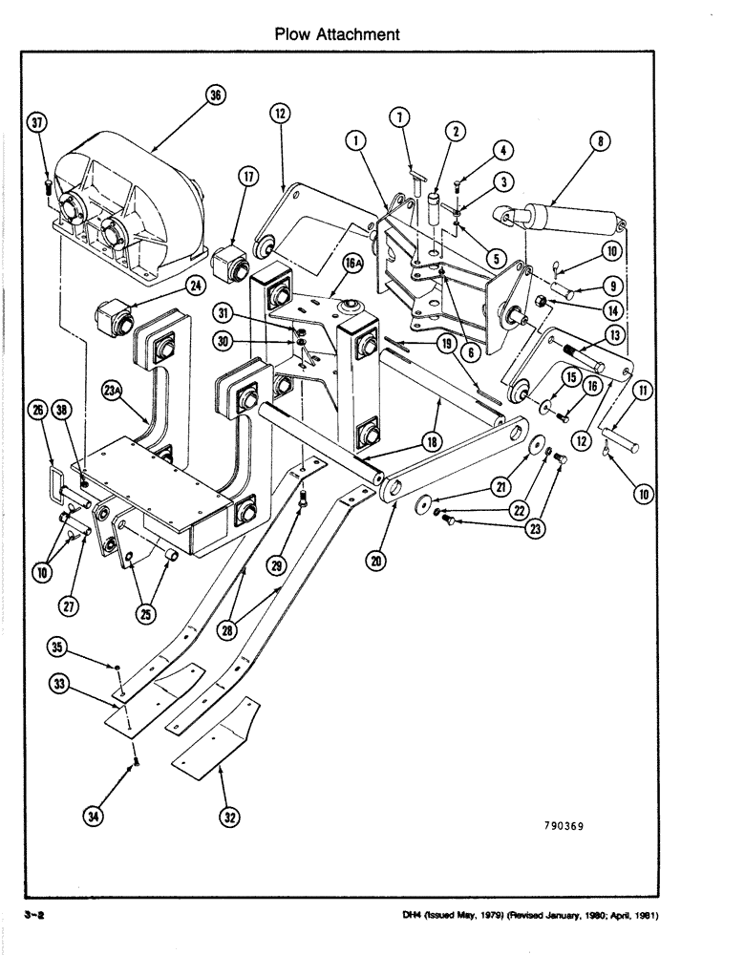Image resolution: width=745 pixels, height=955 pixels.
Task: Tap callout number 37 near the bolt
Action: point(37,123)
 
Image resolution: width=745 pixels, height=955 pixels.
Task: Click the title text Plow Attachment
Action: point(336,34)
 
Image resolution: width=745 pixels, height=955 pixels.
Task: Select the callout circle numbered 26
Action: point(37,411)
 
